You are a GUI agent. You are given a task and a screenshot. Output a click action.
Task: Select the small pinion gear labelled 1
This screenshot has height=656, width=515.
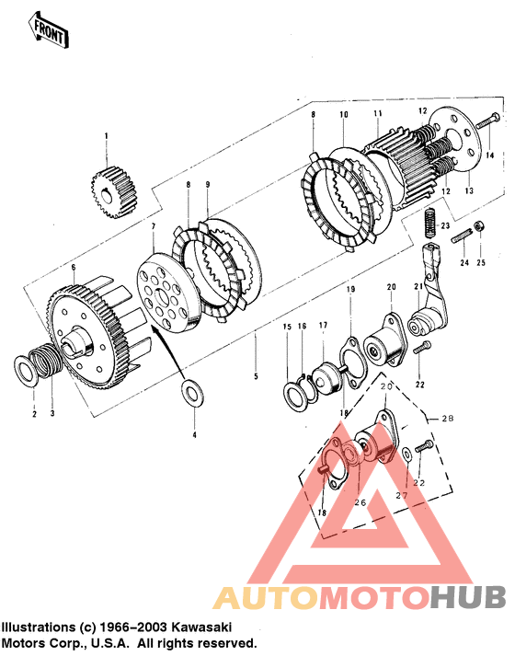click(115, 191)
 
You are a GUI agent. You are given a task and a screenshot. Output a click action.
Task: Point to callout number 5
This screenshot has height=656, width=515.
click(256, 376)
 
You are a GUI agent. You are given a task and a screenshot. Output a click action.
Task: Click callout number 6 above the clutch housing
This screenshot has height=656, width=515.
click(74, 268)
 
